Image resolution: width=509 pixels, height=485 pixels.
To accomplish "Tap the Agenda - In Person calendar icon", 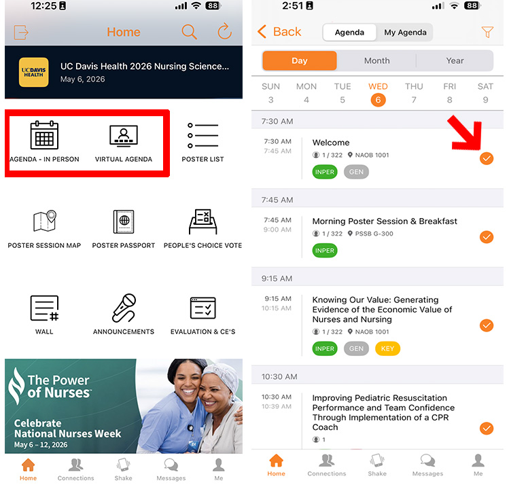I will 44,135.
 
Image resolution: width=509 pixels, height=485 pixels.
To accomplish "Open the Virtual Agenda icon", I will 124,135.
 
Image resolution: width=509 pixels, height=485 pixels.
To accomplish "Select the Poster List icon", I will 203,135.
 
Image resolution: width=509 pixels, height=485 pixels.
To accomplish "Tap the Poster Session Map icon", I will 44,221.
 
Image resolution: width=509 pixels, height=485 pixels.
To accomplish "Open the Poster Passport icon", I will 124,221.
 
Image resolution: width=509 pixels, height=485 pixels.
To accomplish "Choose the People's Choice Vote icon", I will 203,221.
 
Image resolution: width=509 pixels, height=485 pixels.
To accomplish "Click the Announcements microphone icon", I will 124,308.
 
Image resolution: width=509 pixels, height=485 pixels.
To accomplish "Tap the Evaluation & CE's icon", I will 203,308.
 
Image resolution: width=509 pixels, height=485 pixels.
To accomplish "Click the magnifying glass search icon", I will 189,32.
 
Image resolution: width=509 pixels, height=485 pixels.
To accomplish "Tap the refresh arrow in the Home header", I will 224,32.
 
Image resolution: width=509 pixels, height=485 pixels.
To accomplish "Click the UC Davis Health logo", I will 33,73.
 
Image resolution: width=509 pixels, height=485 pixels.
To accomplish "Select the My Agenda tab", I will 405,32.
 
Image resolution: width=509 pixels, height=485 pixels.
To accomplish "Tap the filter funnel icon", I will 487,32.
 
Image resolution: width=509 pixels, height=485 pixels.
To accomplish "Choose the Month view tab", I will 376,60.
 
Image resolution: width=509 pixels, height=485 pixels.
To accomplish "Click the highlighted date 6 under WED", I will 378,99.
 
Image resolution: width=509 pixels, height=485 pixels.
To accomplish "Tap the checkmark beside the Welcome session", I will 487,158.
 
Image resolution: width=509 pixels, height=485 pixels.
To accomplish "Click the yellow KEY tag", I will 387,348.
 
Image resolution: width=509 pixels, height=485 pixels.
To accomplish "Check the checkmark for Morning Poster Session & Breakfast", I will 487,237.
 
